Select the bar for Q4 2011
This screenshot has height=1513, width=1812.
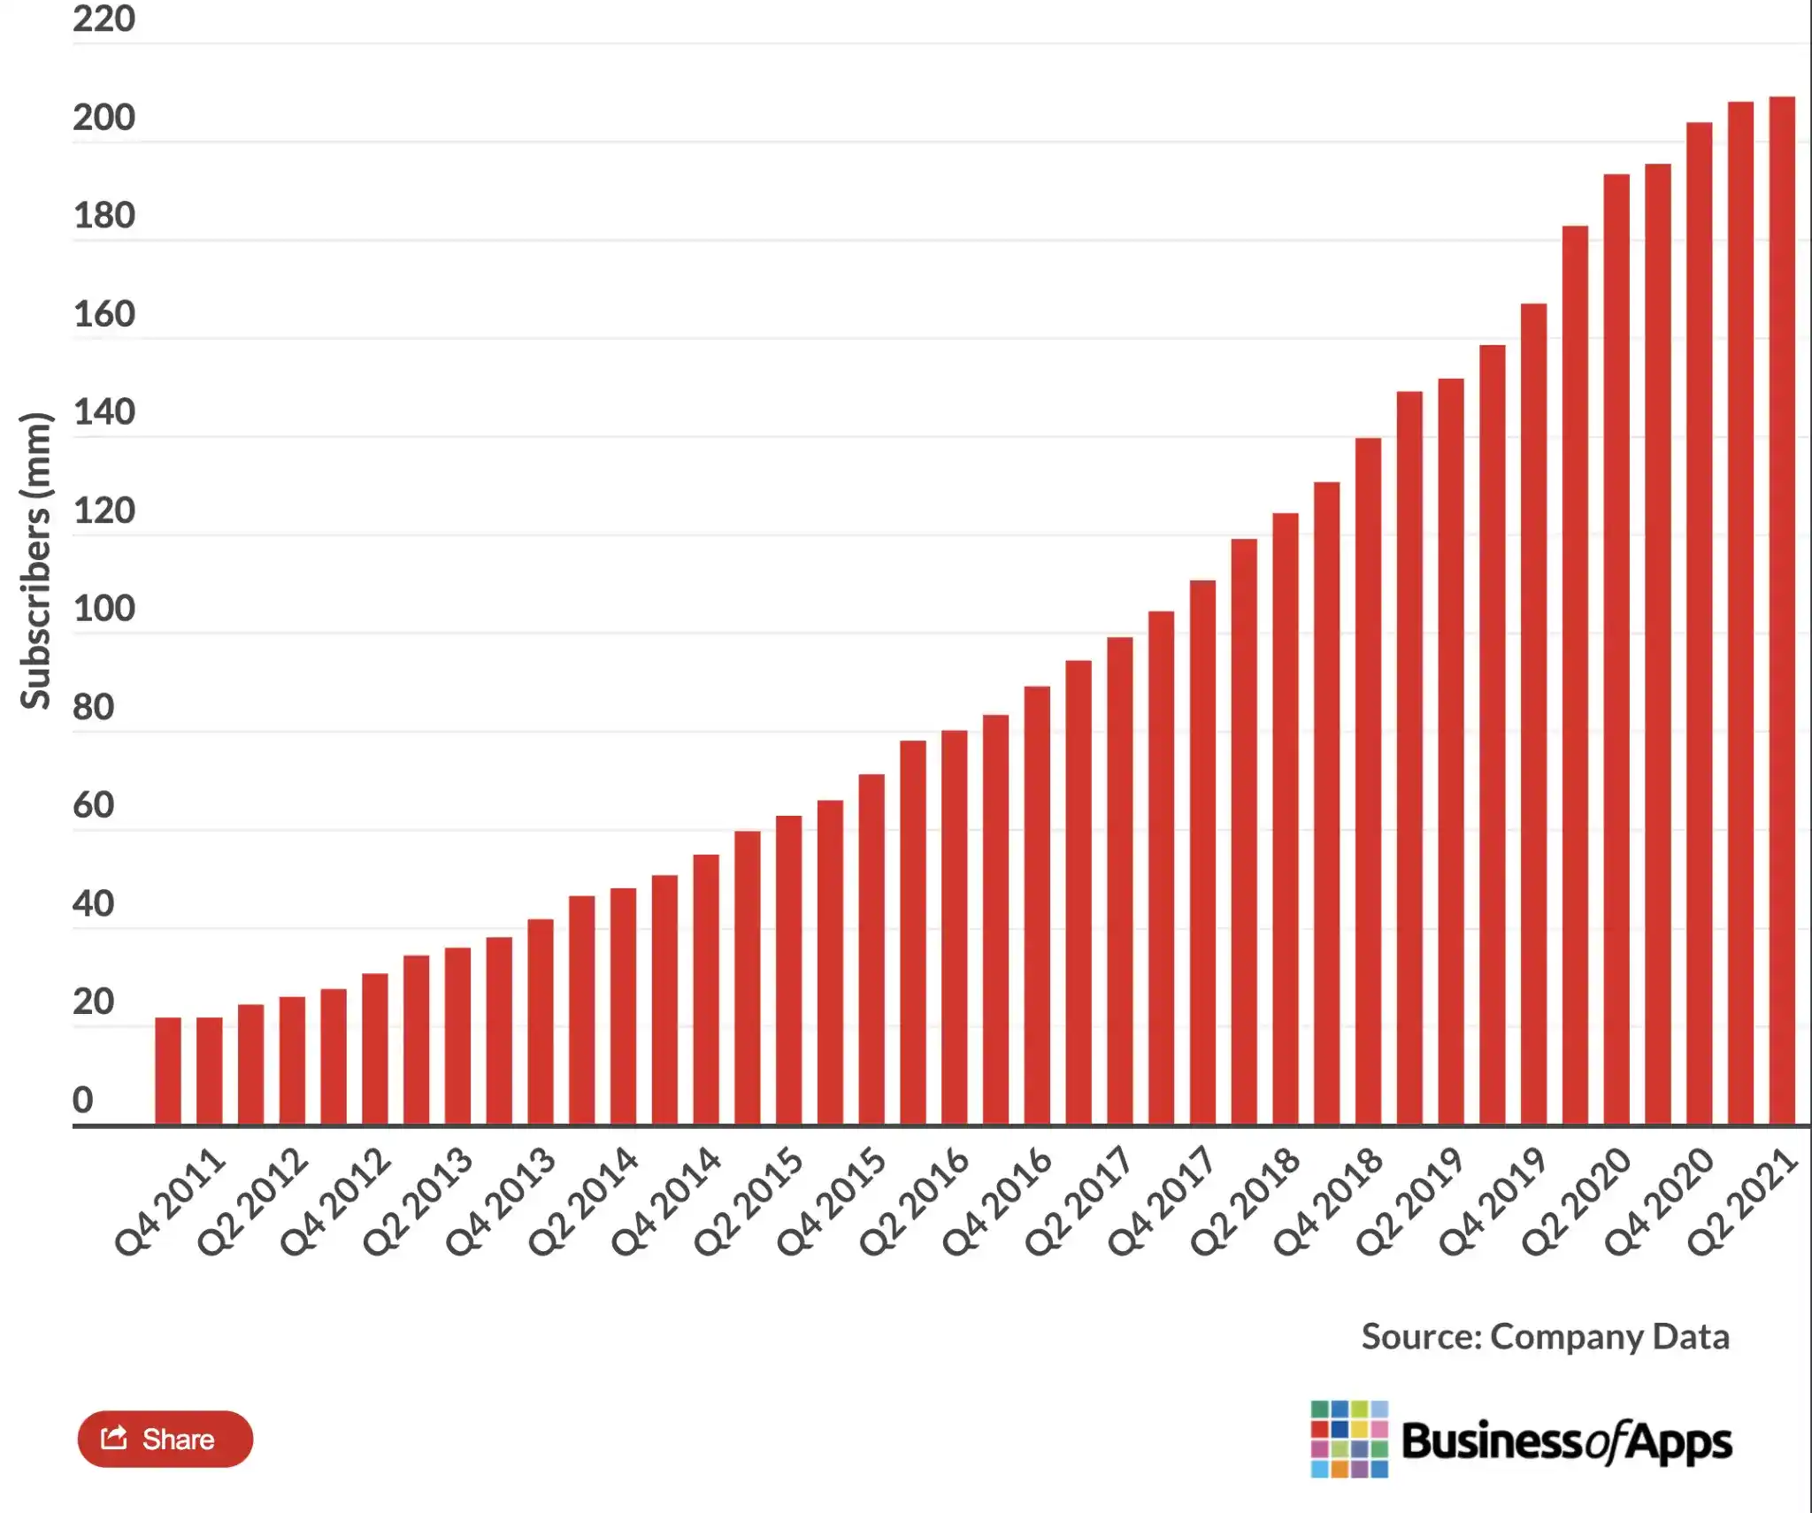(168, 1071)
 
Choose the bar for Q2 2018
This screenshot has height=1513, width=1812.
(1244, 832)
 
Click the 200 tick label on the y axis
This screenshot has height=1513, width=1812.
(104, 118)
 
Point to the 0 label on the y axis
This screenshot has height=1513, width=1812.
(82, 1100)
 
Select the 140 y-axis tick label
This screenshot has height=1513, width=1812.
(104, 412)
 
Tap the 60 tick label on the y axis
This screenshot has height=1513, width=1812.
(94, 805)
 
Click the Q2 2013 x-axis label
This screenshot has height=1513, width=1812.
(418, 1202)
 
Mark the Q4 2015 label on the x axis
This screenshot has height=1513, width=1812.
(832, 1202)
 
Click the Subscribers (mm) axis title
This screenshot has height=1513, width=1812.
(35, 561)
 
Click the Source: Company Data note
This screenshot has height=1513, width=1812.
(1545, 1336)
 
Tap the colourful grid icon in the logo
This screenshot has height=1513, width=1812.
(1349, 1439)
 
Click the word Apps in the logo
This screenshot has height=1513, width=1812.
(1678, 1442)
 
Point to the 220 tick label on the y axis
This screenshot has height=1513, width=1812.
(104, 19)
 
